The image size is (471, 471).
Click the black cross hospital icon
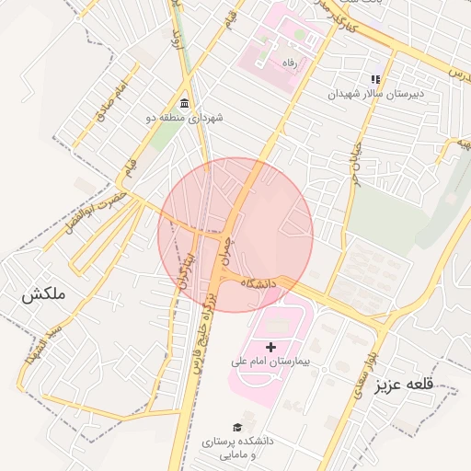[270, 347]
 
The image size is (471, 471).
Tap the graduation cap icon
[238, 428]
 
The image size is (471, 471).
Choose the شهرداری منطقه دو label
[185, 118]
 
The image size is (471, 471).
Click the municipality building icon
[185, 102]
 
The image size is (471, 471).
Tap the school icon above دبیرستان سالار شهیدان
[373, 79]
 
